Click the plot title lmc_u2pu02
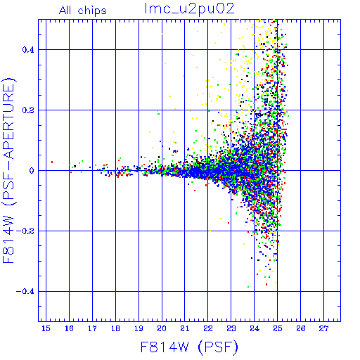tap(189, 9)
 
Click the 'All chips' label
tap(82, 11)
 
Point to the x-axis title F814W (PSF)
tap(189, 347)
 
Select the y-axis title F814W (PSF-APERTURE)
tap(8, 170)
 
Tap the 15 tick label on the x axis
tap(46, 328)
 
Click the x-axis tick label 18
tap(115, 328)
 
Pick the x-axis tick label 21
tap(185, 328)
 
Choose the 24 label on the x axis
tap(255, 328)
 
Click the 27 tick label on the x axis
tap(323, 328)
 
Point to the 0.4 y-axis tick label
tap(28, 50)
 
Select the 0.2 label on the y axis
tap(28, 110)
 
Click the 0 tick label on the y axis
tap(32, 171)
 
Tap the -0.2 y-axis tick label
tap(25, 231)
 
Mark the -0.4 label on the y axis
tap(25, 292)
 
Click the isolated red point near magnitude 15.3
tap(52, 162)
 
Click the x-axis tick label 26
tap(301, 328)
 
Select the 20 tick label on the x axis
tap(162, 328)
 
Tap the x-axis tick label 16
tap(69, 328)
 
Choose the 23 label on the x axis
tap(231, 328)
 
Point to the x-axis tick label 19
tap(139, 328)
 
